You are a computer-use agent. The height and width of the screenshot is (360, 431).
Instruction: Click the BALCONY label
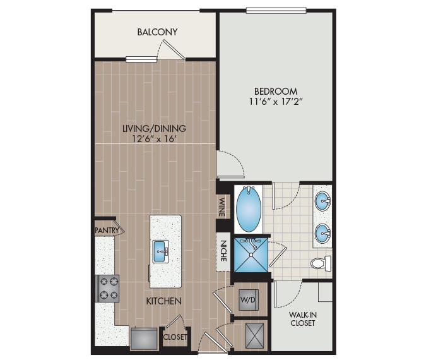tap(157, 32)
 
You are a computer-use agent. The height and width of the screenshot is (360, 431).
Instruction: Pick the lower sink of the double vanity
tap(323, 235)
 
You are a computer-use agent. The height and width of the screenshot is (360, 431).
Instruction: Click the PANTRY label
tap(107, 231)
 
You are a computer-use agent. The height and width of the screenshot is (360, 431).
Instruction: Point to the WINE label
tap(222, 207)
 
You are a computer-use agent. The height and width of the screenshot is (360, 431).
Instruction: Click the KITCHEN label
tap(165, 301)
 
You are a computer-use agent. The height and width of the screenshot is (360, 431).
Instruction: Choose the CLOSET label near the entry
tap(175, 337)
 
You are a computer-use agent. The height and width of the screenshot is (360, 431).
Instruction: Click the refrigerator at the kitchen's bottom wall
tap(145, 339)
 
